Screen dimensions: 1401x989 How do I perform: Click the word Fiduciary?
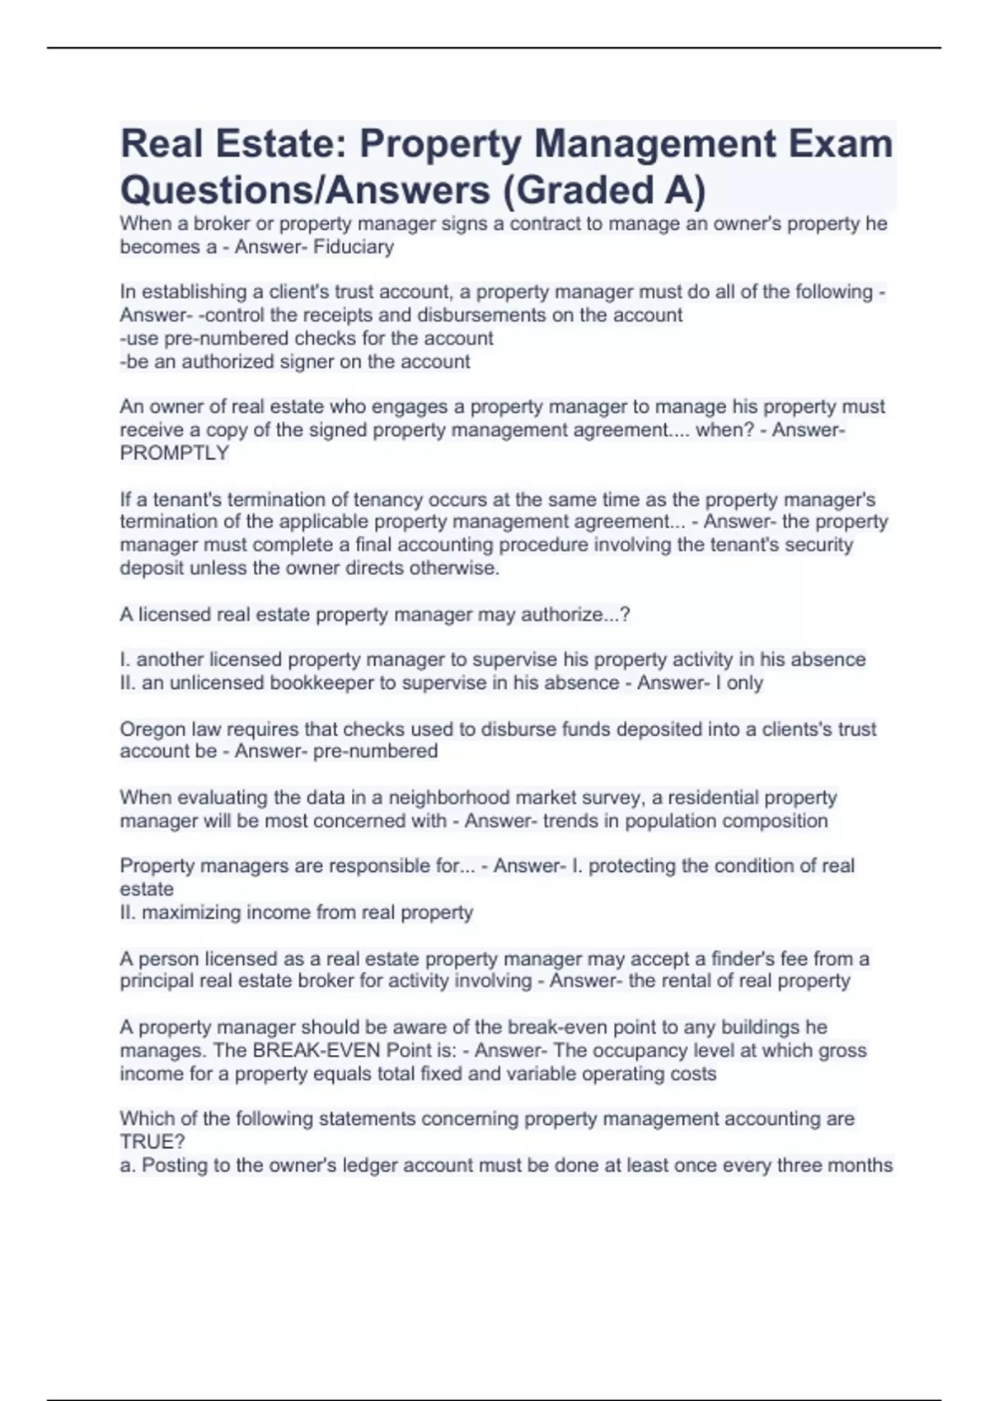click(x=354, y=246)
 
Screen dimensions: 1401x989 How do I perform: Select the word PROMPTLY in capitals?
click(x=174, y=453)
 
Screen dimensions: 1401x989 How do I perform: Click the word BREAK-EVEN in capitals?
click(x=309, y=1051)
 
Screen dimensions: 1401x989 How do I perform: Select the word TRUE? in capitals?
click(x=152, y=1142)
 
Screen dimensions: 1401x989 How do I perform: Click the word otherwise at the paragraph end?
click(x=457, y=568)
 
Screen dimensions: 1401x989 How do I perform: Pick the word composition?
click(x=775, y=821)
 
